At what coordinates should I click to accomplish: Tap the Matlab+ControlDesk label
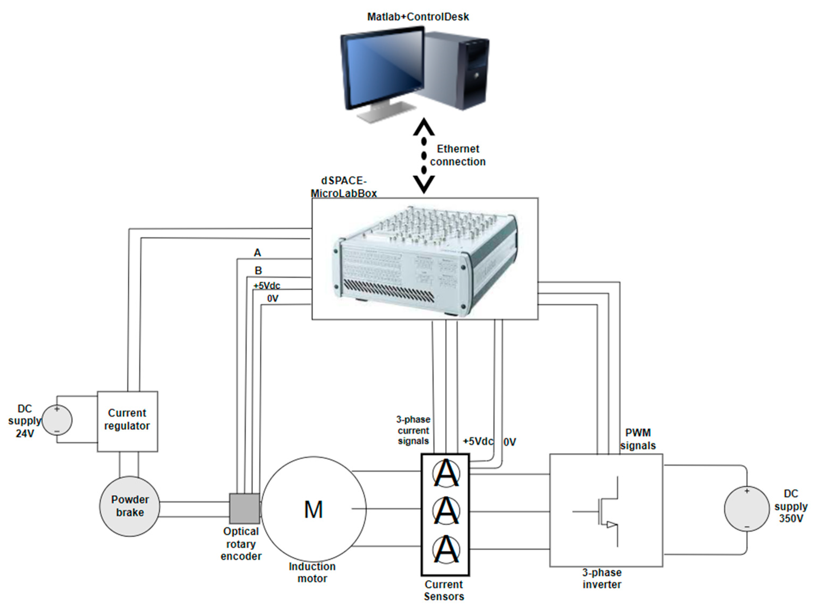tap(418, 17)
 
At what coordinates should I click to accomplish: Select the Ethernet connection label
tap(458, 155)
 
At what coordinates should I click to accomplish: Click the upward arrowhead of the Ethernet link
tap(424, 127)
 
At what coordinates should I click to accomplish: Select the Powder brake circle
tap(130, 506)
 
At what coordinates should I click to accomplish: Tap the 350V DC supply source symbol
tap(747, 509)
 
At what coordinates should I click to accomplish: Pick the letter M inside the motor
tap(313, 510)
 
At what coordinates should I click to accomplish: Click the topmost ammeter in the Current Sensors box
tap(446, 473)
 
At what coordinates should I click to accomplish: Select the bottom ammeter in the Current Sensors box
tap(446, 549)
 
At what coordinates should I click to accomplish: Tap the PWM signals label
tap(638, 439)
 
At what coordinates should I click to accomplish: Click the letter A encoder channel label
tap(257, 253)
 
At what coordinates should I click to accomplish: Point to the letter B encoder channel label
tap(258, 271)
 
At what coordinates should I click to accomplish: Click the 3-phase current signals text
tap(413, 430)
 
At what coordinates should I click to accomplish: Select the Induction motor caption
tap(312, 572)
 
